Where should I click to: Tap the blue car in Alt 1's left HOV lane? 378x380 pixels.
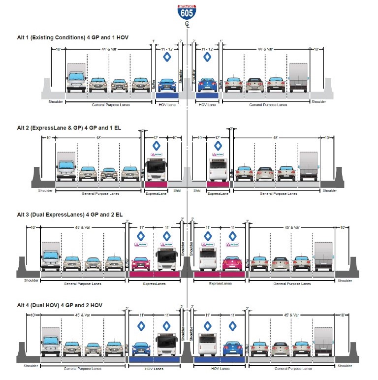pos(167,85)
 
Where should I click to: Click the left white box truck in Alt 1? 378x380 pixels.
pos(76,78)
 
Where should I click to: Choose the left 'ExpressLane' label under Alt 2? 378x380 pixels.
pos(156,193)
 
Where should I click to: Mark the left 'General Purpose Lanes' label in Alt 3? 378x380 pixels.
pos(82,284)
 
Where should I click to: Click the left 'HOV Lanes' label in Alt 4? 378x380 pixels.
pos(155,369)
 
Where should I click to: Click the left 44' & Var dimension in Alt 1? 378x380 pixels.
pos(108,49)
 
